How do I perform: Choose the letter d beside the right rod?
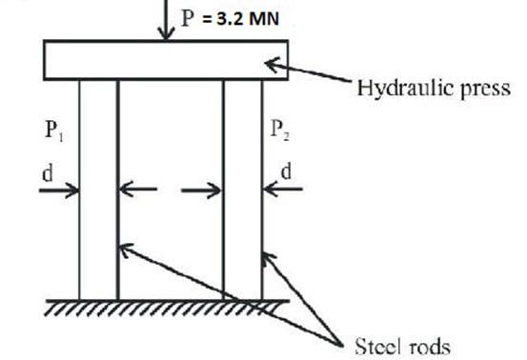coord(286,173)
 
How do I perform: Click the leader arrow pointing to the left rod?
coord(219,291)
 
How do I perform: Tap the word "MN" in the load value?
coord(261,16)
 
